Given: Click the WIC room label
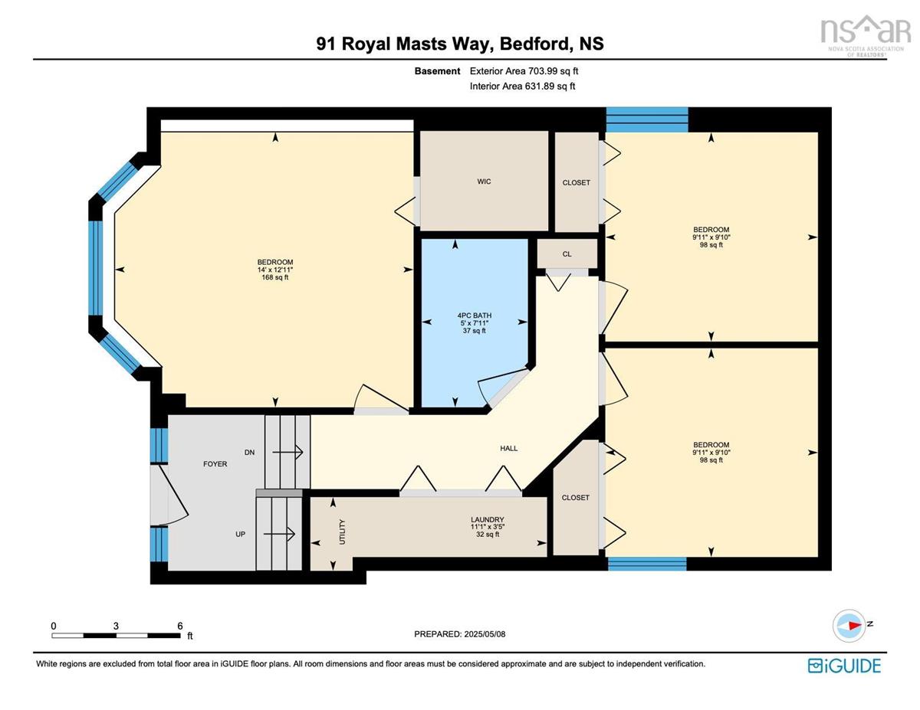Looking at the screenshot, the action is [x=484, y=182].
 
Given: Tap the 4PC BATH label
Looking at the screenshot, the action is [x=474, y=315].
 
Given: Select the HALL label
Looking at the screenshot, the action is [x=508, y=448].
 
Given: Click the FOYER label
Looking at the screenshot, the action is [x=215, y=464].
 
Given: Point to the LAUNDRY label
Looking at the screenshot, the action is [x=488, y=519].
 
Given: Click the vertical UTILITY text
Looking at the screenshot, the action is [x=343, y=532].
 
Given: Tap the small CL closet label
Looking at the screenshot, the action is [x=567, y=254].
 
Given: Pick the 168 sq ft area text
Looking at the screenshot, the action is [x=274, y=277].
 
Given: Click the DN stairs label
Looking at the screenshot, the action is [x=249, y=452].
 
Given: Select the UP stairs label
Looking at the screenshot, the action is [x=240, y=534].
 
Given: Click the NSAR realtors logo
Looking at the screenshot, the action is [x=866, y=36].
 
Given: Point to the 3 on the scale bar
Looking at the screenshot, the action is [x=116, y=626].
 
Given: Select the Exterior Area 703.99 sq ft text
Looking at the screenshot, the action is [x=524, y=71].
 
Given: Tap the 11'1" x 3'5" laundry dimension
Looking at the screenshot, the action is [x=488, y=527].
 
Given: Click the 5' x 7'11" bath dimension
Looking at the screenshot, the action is [x=474, y=322].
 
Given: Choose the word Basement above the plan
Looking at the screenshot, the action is [x=437, y=71].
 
